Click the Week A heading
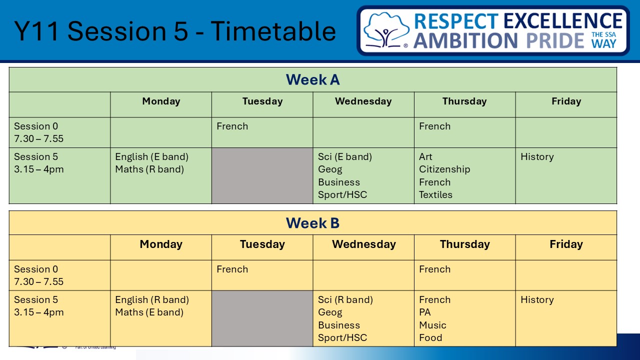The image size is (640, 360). coord(313,79)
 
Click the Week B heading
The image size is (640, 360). coord(313,223)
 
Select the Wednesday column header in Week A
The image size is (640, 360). coord(363,101)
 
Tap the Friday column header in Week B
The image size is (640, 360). coord(566,244)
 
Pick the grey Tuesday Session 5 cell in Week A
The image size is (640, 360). coord(262,175)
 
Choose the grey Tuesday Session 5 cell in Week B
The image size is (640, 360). coord(262,318)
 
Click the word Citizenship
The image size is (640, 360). coord(444,169)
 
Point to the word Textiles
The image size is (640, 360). coord(435,194)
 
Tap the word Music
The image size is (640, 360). coord(432,325)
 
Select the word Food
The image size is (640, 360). coord(430,337)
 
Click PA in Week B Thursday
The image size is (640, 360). coord(425,312)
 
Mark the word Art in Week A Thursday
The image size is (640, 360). coord(425,157)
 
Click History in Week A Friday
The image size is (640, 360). coord(537,157)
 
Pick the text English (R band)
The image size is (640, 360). coord(152,300)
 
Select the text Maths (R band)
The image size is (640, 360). coord(149,169)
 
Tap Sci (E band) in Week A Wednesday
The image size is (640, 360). coord(345,157)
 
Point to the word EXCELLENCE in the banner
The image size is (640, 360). coord(563,21)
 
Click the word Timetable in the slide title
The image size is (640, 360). coord(273,31)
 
